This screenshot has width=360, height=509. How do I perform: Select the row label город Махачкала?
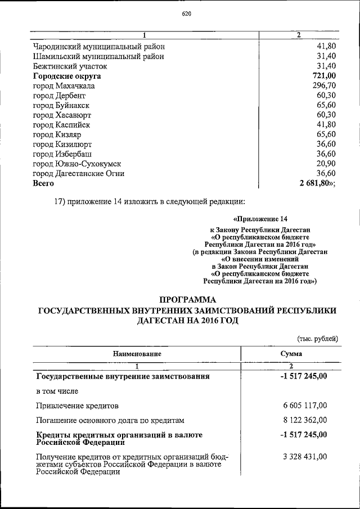(64, 86)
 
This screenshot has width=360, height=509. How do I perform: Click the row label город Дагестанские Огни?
(79, 174)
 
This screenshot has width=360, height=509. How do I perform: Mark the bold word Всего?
(43, 183)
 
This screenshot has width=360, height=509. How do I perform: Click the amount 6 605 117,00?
(304, 405)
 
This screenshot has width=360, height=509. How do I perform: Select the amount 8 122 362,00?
(304, 420)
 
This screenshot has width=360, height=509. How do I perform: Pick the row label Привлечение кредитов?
(78, 405)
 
